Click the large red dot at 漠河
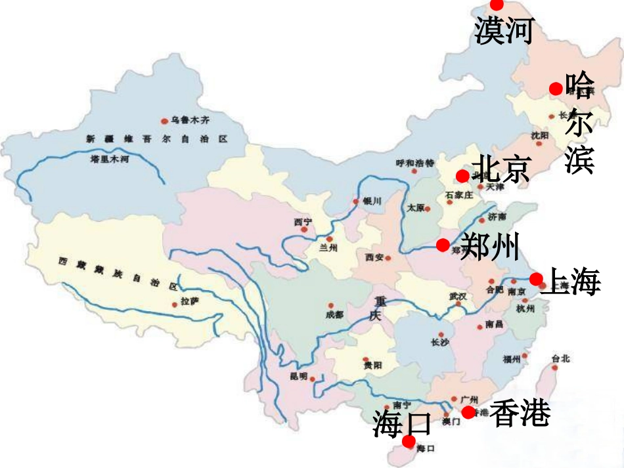[x=497, y=5]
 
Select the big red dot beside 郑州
[x=443, y=245]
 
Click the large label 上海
[x=573, y=282]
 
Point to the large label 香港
[x=520, y=413]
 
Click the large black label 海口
[x=401, y=423]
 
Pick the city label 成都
[x=334, y=314]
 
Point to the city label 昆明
[x=298, y=376]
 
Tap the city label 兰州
[x=328, y=248]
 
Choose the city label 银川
[x=372, y=202]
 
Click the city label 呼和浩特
[x=415, y=162]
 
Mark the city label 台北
[x=560, y=358]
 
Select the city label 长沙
[x=439, y=342]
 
